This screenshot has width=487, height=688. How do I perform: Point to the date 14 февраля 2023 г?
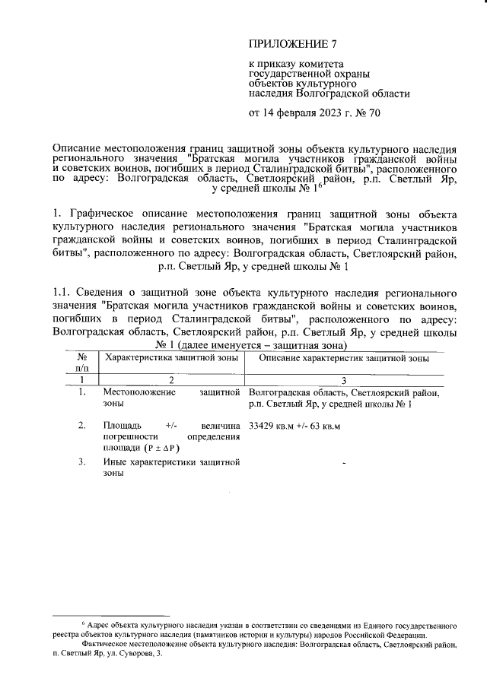pyautogui.click(x=303, y=114)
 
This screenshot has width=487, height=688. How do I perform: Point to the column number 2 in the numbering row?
pyautogui.click(x=170, y=379)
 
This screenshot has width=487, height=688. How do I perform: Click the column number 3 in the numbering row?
pyautogui.click(x=344, y=379)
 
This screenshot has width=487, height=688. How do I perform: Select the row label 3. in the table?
pyautogui.click(x=81, y=461)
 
